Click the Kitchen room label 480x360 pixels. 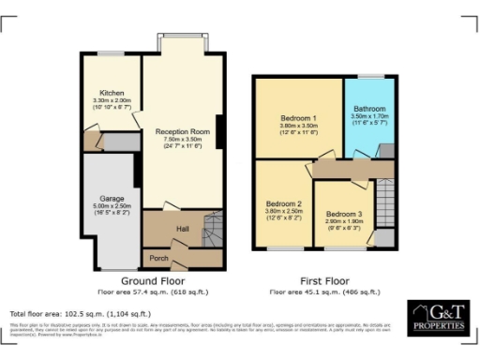112,93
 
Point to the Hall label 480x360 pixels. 183,227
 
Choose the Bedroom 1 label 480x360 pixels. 299,118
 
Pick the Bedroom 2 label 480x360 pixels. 283,203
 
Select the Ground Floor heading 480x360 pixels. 153,280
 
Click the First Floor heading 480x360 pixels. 324,280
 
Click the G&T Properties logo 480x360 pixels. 436,318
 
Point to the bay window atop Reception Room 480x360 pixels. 182,42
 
